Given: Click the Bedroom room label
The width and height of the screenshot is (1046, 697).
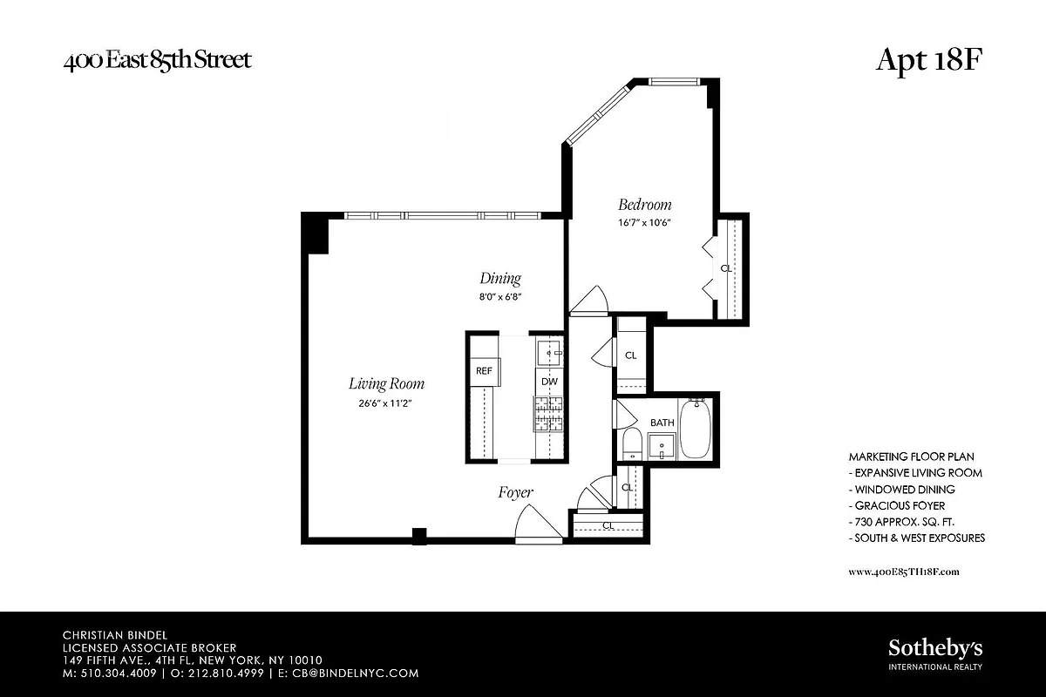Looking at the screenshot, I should [645, 205].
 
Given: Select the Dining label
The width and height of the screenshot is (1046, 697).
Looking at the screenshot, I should [500, 279].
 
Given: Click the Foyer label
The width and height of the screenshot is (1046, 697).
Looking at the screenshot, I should [515, 492].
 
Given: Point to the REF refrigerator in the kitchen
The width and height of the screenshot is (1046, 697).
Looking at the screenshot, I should [484, 370].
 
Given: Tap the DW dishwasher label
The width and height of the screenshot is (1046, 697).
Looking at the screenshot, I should [549, 382].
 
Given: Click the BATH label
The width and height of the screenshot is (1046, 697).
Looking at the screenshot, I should [662, 423].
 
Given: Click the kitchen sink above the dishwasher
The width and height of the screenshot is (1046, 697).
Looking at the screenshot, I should [549, 352].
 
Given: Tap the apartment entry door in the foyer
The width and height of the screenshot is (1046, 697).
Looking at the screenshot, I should [537, 524].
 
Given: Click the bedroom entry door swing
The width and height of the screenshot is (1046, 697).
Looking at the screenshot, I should [589, 300].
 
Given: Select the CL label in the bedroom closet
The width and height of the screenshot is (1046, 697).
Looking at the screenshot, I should [726, 268].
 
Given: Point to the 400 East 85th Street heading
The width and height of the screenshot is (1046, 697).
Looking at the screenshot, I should [157, 60].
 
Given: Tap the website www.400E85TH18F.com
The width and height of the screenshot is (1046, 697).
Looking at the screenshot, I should [903, 572].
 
